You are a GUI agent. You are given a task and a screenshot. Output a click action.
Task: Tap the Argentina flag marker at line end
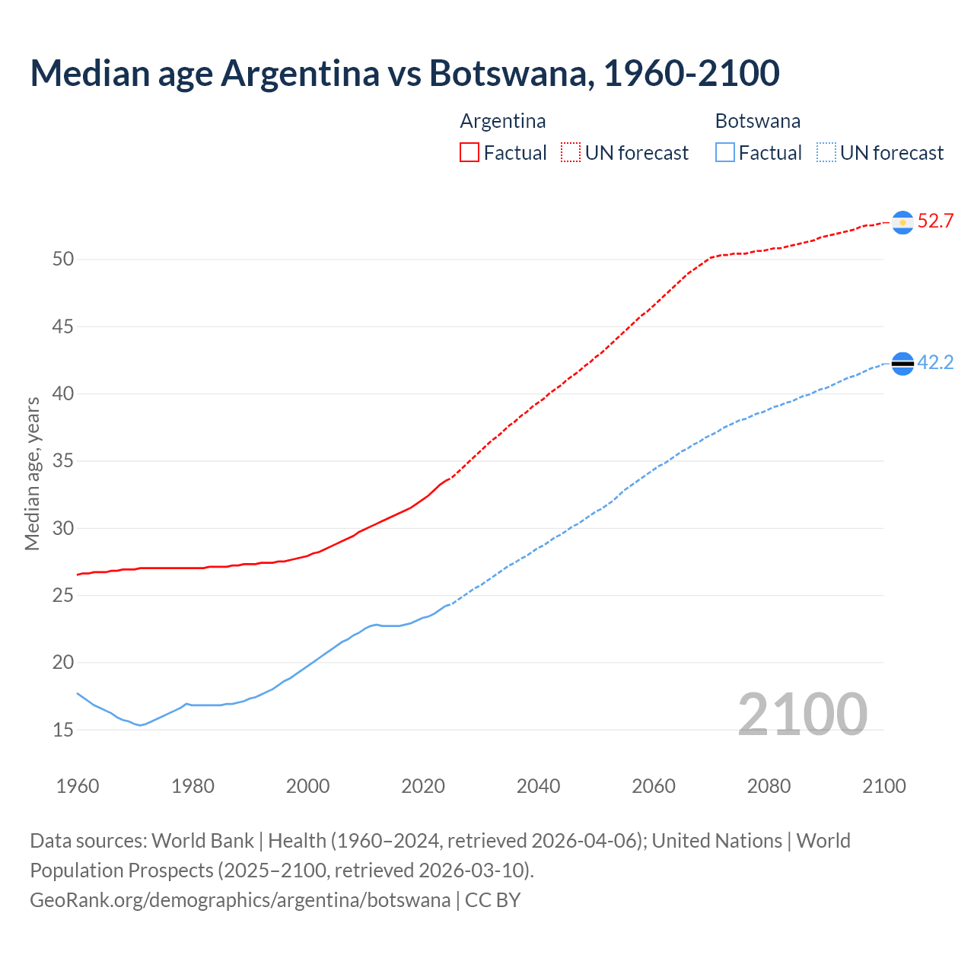click(x=902, y=221)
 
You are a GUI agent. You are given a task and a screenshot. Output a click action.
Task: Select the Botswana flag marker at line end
click(x=902, y=364)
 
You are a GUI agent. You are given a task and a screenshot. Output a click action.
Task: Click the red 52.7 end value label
click(x=935, y=221)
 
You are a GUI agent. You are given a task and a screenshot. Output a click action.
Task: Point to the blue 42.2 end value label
click(x=935, y=363)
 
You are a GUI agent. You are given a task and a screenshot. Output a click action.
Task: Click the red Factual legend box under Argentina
click(x=469, y=153)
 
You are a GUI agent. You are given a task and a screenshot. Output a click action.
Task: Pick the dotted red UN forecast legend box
click(x=571, y=153)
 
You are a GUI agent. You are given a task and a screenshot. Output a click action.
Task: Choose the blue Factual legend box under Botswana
click(x=725, y=153)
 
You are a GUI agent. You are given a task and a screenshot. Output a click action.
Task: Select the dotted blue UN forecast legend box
click(x=826, y=153)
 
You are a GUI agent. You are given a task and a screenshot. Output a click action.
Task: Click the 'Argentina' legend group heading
click(x=503, y=121)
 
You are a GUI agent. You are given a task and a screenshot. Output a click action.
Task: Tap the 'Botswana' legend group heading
click(x=758, y=121)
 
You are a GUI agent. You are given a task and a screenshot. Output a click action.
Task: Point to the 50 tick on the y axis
click(x=63, y=259)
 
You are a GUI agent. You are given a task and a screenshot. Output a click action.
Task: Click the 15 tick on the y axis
click(x=63, y=730)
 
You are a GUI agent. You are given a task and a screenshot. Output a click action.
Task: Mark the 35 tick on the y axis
click(x=63, y=461)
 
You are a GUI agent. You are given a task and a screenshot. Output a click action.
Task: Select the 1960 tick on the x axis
click(x=78, y=786)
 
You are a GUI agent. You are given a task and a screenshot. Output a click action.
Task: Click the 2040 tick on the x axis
click(x=538, y=786)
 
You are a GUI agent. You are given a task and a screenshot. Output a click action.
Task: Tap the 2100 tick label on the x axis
click(x=884, y=786)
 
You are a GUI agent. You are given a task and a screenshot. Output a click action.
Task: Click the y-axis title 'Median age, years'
click(x=32, y=473)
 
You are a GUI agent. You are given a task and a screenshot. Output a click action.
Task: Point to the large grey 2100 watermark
click(x=803, y=714)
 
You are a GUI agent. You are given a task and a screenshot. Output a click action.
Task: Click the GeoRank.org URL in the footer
click(x=240, y=900)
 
